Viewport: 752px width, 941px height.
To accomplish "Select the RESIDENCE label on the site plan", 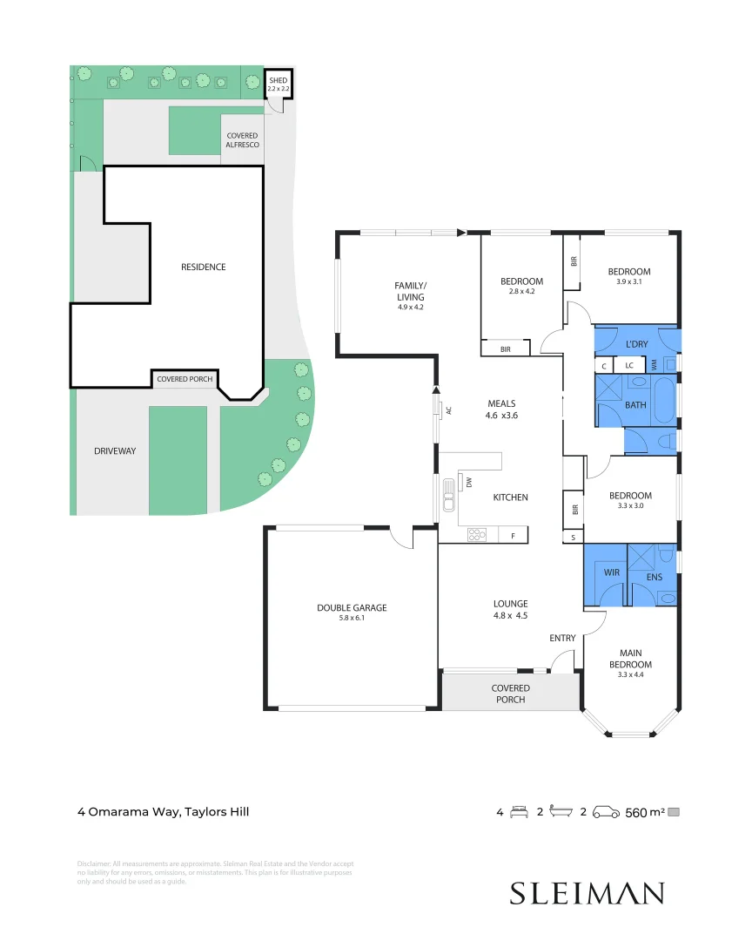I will pyautogui.click(x=203, y=267).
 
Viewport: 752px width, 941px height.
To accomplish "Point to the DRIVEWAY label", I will pyautogui.click(x=115, y=450).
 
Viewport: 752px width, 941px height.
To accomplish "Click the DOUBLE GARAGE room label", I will pyautogui.click(x=352, y=608).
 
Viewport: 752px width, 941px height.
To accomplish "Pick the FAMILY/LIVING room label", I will pyautogui.click(x=410, y=291).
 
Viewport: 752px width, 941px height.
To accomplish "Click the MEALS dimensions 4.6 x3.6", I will pyautogui.click(x=501, y=416).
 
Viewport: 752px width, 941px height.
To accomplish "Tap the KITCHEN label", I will pyautogui.click(x=510, y=498).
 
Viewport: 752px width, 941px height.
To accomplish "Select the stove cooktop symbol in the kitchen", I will pyautogui.click(x=476, y=536).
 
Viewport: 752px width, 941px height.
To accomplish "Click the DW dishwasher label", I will pyautogui.click(x=468, y=481).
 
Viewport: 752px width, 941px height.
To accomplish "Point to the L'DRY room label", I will pyautogui.click(x=637, y=344).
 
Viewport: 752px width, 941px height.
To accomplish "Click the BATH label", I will pyautogui.click(x=635, y=405).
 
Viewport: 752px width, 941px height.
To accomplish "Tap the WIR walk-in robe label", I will pyautogui.click(x=612, y=572).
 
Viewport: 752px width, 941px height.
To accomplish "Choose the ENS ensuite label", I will pyautogui.click(x=654, y=577).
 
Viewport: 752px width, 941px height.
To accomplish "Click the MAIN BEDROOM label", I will pyautogui.click(x=635, y=659).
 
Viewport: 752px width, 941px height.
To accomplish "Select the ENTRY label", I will pyautogui.click(x=562, y=639).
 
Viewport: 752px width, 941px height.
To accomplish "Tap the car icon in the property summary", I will pyautogui.click(x=606, y=812).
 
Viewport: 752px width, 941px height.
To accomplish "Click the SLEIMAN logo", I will pyautogui.click(x=587, y=893).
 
